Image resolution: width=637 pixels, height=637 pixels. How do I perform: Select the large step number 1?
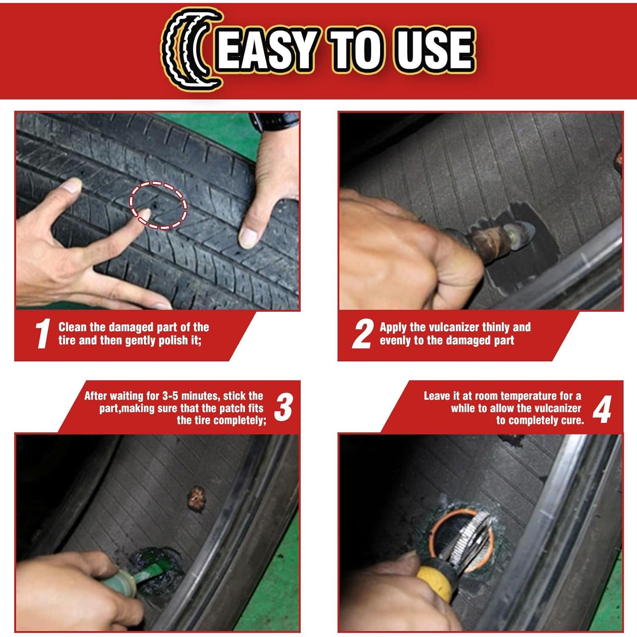click(43, 334)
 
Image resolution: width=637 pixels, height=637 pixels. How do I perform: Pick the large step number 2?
click(363, 334)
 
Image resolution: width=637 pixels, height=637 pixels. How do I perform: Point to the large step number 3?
click(284, 407)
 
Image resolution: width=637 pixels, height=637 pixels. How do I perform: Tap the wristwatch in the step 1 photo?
click(272, 120)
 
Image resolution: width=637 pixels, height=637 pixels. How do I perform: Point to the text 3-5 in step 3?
click(172, 396)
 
